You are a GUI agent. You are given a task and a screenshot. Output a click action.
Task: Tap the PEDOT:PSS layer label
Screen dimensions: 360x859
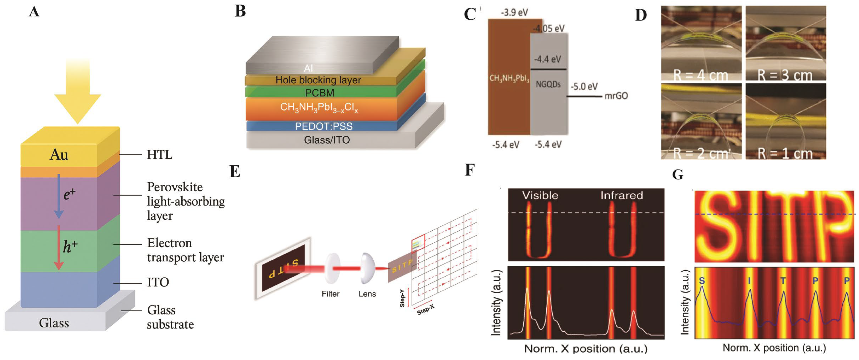(x=324, y=126)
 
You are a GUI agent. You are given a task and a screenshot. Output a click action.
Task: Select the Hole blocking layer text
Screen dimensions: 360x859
(x=318, y=80)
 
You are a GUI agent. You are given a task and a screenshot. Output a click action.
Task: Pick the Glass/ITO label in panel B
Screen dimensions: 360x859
(x=327, y=140)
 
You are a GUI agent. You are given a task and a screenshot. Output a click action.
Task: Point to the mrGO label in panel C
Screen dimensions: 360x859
(x=616, y=96)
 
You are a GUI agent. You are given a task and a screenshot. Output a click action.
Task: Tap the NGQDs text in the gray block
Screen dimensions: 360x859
(x=548, y=84)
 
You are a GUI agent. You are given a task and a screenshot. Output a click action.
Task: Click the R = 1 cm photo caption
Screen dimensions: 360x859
(x=785, y=153)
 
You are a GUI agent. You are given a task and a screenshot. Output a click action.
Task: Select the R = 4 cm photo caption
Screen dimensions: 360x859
(x=700, y=75)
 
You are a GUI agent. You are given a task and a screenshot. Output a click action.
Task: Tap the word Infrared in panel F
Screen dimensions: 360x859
(x=622, y=195)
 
